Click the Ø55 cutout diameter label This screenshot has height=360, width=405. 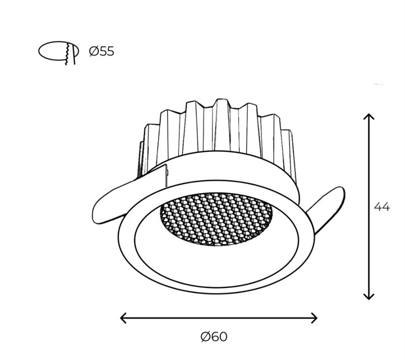pos(102,51)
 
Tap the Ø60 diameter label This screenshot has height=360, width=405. pos(214,337)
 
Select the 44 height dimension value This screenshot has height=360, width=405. pos(382,207)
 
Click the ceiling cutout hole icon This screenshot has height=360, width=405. pos(59,52)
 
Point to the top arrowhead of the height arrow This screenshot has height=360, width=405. pos(369,117)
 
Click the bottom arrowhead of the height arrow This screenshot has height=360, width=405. pos(369,296)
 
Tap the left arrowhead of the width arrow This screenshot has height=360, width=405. pos(123,318)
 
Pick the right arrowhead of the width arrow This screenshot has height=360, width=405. pos(314,318)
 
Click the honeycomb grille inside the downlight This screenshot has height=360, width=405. pos(216,219)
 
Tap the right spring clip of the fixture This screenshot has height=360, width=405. pos(327,207)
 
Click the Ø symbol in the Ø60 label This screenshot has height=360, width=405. pos(206,337)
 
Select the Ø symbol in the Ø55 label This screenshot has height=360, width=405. pos(93,51)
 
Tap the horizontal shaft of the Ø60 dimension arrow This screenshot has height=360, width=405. pos(219,318)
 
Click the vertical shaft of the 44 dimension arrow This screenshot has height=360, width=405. pos(369,207)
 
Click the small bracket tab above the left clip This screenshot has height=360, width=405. pos(166,175)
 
